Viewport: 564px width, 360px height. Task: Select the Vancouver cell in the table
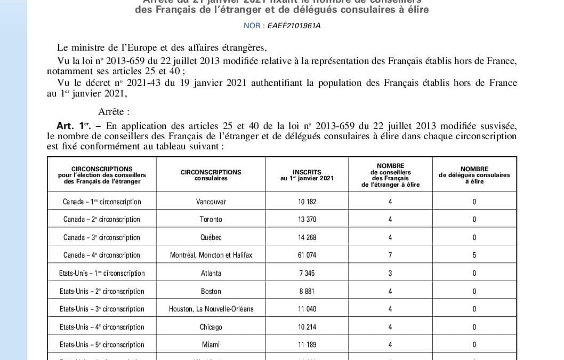(211, 202)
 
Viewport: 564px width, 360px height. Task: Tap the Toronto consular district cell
(211, 219)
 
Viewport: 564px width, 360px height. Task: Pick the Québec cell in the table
(211, 237)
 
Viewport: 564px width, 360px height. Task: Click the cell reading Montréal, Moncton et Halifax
(211, 255)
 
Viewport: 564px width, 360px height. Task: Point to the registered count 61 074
(307, 255)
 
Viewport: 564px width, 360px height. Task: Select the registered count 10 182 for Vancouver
(307, 202)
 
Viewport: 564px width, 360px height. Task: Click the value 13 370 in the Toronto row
(307, 219)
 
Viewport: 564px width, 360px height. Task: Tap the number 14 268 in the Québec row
(307, 237)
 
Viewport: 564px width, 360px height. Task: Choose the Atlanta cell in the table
(211, 273)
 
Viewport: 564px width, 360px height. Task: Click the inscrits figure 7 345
(307, 273)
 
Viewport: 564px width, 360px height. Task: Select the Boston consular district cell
(211, 291)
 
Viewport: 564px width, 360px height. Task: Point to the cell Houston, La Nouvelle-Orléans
(211, 309)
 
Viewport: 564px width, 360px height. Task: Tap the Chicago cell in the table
(211, 327)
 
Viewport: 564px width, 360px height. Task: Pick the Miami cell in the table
(211, 345)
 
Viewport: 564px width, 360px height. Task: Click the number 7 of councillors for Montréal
(390, 255)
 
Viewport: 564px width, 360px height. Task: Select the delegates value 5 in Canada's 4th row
(474, 255)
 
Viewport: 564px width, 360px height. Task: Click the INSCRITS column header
(307, 175)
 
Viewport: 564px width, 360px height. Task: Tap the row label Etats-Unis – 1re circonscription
(102, 273)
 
